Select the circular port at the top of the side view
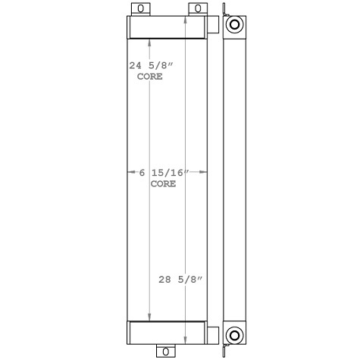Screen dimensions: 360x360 [235, 24]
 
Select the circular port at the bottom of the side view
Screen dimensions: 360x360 [235, 334]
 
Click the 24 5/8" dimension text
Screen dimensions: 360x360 [149, 66]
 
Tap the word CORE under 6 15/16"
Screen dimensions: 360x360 [164, 184]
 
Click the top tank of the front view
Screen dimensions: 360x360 [166, 28]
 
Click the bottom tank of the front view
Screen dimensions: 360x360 [166, 332]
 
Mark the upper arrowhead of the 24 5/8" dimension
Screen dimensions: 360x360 [150, 42]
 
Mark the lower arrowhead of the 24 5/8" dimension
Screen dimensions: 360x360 [150, 318]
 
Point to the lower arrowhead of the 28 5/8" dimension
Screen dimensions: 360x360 [186, 339]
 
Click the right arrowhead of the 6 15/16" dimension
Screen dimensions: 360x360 [205, 174]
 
